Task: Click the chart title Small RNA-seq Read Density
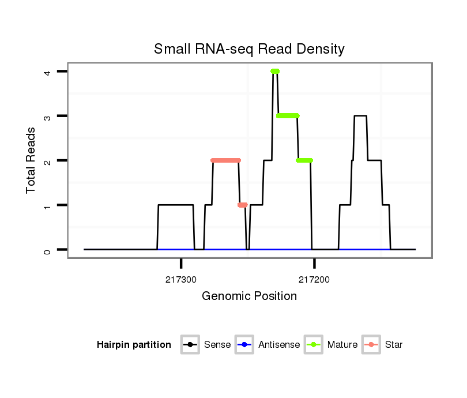click(249, 49)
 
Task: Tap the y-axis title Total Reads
click(31, 160)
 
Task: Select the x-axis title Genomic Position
click(249, 296)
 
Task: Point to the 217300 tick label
click(181, 279)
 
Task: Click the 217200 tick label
click(314, 279)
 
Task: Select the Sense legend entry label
click(217, 345)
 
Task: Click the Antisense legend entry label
click(279, 345)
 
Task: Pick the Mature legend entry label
click(342, 345)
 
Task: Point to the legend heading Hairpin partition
click(134, 345)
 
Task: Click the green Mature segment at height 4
click(275, 72)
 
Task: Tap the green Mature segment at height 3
click(288, 116)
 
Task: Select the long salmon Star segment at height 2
click(225, 160)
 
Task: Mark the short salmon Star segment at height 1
click(242, 205)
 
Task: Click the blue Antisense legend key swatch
click(244, 345)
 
